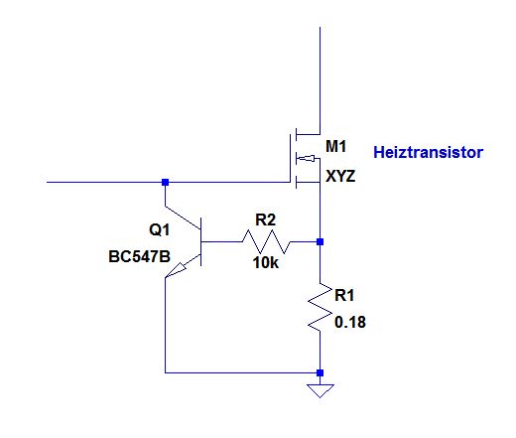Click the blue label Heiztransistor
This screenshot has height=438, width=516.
(x=428, y=152)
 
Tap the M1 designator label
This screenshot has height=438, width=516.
(x=335, y=146)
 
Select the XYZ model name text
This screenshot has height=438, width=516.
(x=340, y=176)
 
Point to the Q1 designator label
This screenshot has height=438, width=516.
(x=160, y=229)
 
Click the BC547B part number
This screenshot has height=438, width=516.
(x=139, y=256)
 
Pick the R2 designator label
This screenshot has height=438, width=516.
(x=265, y=219)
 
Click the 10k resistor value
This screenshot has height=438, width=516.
(x=266, y=263)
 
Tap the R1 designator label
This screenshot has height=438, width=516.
(x=344, y=295)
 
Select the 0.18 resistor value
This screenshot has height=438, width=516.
(x=350, y=322)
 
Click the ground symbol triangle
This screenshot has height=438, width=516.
(x=321, y=390)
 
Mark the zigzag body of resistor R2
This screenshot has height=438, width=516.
(x=266, y=242)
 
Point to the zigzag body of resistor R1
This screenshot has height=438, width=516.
(x=320, y=307)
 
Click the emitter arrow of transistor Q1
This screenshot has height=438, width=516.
(x=176, y=270)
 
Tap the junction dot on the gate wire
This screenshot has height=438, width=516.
(x=165, y=182)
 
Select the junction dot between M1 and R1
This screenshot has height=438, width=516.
(x=320, y=242)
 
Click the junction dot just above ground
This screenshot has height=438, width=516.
(x=320, y=373)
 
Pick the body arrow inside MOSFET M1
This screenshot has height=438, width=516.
(x=306, y=159)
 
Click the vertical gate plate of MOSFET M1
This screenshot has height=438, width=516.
(x=291, y=158)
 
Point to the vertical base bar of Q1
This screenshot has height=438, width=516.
(x=201, y=242)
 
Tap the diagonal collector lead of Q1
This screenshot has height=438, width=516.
(x=183, y=219)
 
